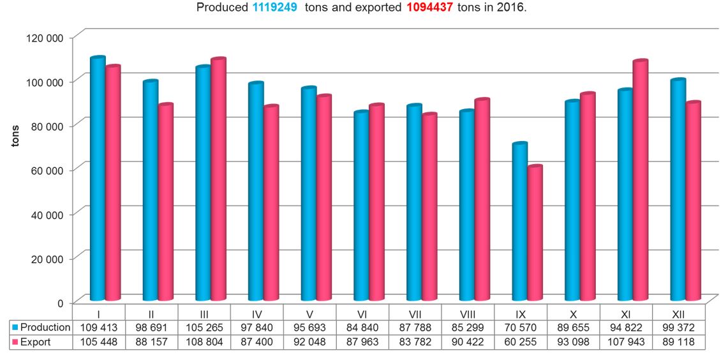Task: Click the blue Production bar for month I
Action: [x=98, y=179]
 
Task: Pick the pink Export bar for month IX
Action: [x=535, y=233]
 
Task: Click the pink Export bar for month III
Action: [x=218, y=179]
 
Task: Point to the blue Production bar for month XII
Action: [x=678, y=190]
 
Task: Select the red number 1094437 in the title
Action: [x=429, y=8]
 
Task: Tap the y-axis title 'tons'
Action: [x=15, y=136]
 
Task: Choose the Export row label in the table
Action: [x=36, y=342]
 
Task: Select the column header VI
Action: [x=362, y=313]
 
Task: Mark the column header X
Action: [x=573, y=313]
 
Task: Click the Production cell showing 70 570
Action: [x=520, y=327]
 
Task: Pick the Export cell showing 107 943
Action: [x=625, y=342]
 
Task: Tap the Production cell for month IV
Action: [x=256, y=327]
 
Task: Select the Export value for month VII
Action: [x=415, y=342]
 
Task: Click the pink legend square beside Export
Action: [x=15, y=342]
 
